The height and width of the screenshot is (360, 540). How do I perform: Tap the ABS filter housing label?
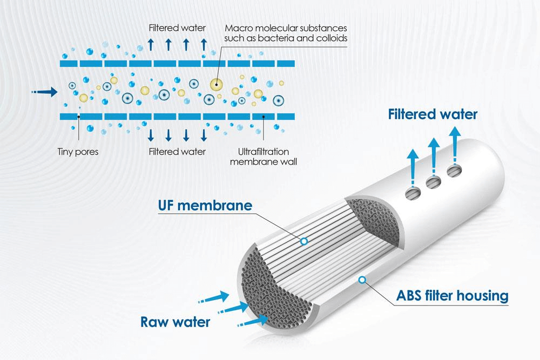[x=452, y=296]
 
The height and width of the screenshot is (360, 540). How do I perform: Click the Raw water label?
[x=175, y=322]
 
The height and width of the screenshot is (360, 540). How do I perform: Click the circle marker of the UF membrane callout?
[x=304, y=241]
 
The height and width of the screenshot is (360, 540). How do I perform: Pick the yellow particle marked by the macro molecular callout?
[x=217, y=84]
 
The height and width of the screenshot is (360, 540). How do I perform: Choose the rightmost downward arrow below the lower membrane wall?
[x=204, y=134]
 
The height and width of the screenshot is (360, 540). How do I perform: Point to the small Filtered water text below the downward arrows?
[x=177, y=152]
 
